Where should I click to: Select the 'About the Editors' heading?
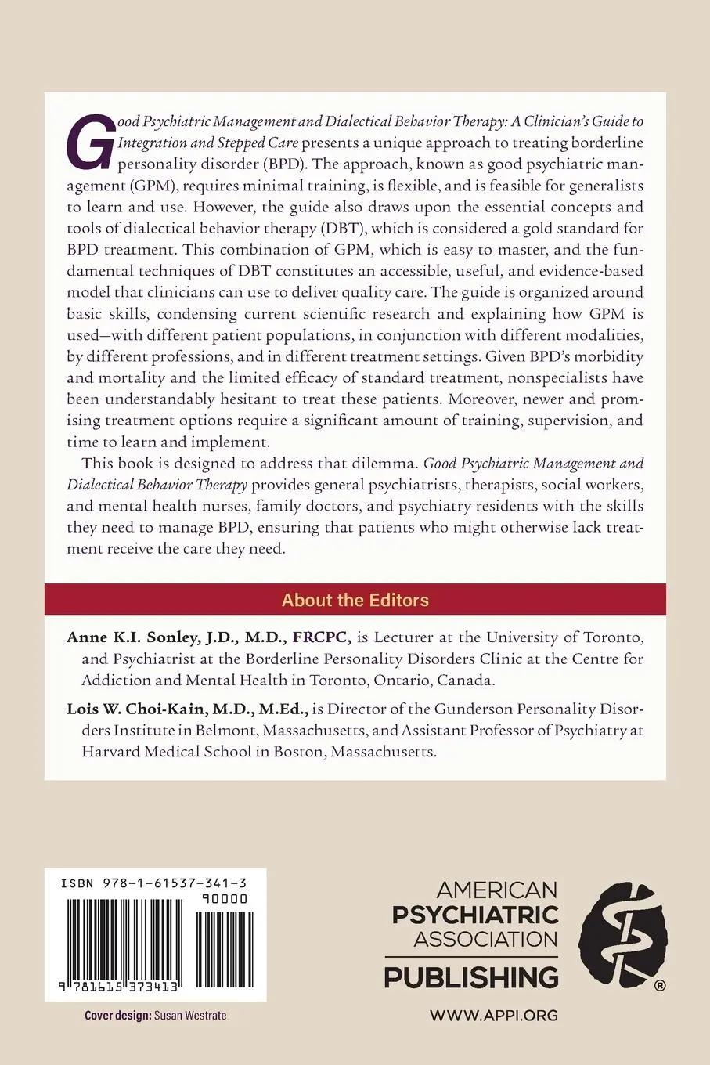355,600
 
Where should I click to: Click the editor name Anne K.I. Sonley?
124,637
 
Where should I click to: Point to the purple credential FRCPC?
321,637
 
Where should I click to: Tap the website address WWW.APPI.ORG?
493,1015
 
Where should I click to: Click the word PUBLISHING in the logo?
470,977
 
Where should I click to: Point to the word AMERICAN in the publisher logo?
497,890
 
